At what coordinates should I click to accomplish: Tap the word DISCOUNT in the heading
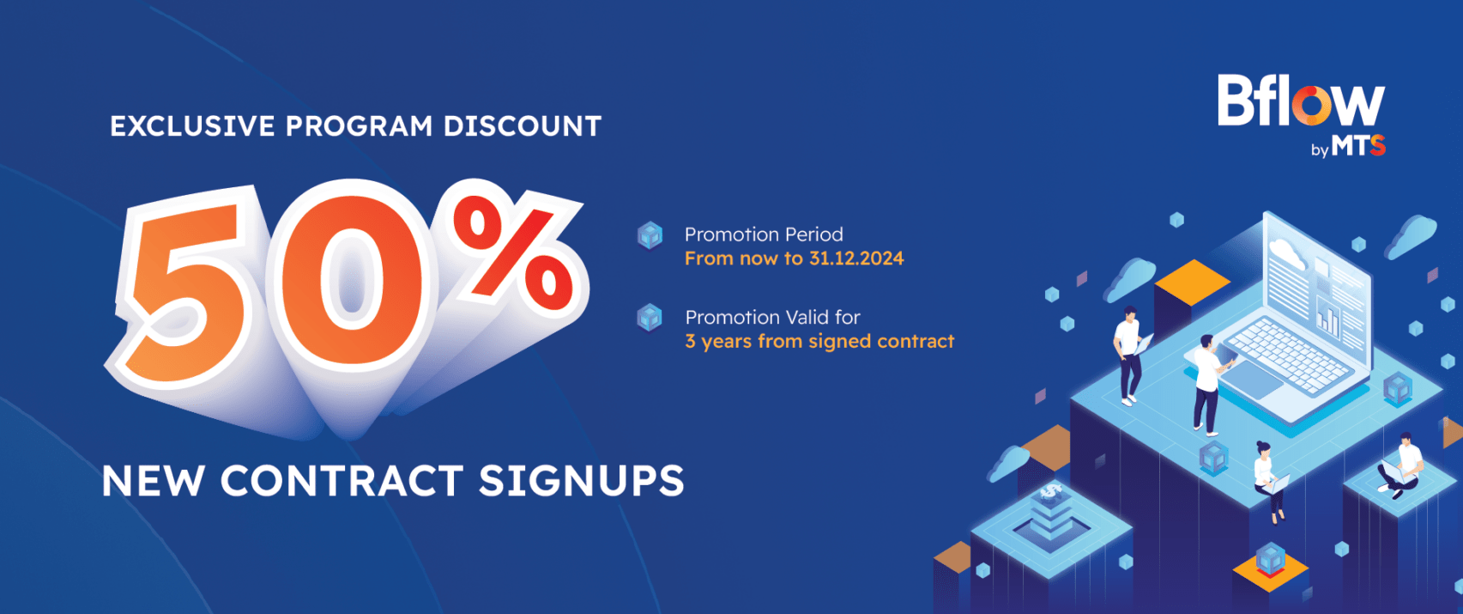coord(523,126)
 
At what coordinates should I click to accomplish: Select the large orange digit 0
coord(353,280)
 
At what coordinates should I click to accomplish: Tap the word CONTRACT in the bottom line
coord(342,481)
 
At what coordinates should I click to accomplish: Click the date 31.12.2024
coord(856,259)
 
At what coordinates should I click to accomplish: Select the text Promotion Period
coord(764,234)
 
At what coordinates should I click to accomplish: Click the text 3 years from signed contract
coord(819,341)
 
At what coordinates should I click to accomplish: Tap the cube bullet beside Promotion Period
coord(650,236)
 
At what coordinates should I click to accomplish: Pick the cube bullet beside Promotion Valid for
coord(650,319)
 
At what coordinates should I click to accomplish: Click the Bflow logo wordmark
coord(1301,100)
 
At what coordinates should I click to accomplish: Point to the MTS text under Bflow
coord(1358,146)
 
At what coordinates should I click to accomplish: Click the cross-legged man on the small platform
coord(1401,465)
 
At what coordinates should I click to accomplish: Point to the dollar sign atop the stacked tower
coord(1051,490)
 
